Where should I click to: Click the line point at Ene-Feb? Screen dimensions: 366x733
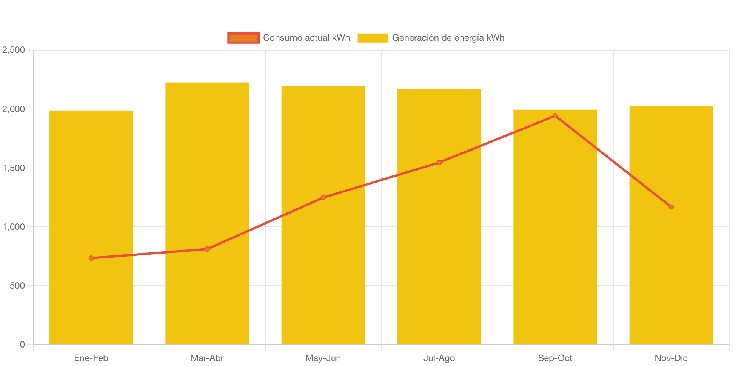(91, 258)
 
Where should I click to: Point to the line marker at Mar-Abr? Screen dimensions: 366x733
(207, 249)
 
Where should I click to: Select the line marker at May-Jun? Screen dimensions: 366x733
(323, 197)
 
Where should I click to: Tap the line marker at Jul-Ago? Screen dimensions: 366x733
(439, 163)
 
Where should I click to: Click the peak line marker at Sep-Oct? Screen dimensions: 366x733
(555, 116)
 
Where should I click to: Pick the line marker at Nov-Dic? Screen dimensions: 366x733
(671, 207)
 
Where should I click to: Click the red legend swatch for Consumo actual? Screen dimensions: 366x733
(243, 38)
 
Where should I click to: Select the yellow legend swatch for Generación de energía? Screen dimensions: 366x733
(373, 38)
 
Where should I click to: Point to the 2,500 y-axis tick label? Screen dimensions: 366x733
(14, 50)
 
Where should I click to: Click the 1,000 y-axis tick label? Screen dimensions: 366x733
(14, 227)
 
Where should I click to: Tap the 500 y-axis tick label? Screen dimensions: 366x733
(17, 286)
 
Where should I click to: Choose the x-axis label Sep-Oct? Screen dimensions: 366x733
(555, 358)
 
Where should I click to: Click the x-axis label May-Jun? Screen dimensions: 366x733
(323, 358)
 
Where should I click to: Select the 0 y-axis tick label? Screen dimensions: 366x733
(22, 344)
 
